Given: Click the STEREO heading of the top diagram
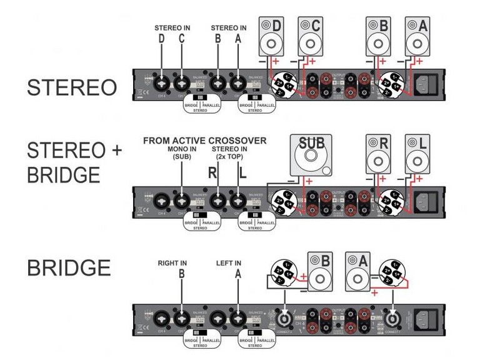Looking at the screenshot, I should pyautogui.click(x=71, y=87).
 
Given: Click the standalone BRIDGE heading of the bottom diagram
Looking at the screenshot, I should pyautogui.click(x=69, y=268).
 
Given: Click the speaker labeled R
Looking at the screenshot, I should pyautogui.click(x=379, y=154).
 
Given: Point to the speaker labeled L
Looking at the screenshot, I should pyautogui.click(x=417, y=154).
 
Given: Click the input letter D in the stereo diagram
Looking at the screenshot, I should pyautogui.click(x=162, y=39).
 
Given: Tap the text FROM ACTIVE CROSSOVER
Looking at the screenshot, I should pyautogui.click(x=205, y=141).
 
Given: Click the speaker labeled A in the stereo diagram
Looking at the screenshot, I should pyautogui.click(x=417, y=36).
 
